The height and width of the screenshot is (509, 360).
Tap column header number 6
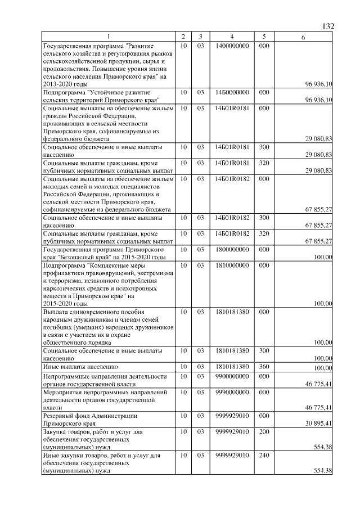click(x=303, y=38)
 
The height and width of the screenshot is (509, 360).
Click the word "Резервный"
click(x=60, y=416)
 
